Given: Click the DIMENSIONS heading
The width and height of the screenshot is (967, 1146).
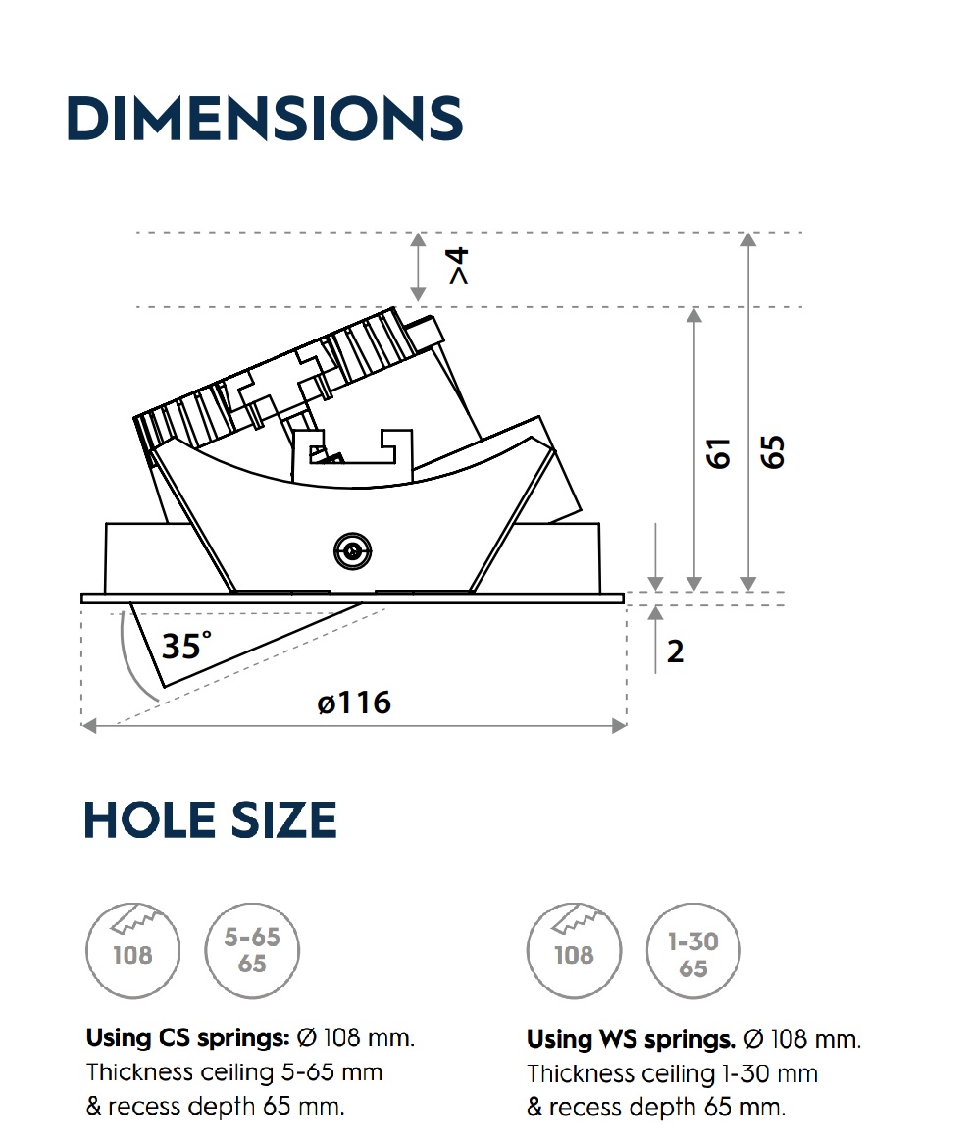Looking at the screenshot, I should (264, 119).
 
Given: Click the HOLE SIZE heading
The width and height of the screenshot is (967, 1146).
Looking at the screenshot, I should (210, 820).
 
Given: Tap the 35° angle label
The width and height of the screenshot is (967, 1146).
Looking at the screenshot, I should (185, 647).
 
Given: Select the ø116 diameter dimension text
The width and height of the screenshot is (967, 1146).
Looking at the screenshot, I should (354, 703).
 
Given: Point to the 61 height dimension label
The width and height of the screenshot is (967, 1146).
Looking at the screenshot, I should (721, 453).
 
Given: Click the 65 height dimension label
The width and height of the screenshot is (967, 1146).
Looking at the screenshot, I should (774, 452).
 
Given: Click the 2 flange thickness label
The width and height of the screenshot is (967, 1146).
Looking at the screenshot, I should (675, 651).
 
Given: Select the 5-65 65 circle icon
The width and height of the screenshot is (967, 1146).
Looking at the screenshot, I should (252, 950).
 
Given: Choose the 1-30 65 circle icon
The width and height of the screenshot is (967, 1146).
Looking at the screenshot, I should (693, 952).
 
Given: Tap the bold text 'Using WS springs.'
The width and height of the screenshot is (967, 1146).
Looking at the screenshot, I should (631, 1039).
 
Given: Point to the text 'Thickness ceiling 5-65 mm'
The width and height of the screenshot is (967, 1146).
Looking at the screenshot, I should (233, 1072).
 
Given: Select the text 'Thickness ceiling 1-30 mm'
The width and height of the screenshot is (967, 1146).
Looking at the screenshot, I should (672, 1073).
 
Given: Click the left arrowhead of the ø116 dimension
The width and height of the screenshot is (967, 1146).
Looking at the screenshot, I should (89, 726).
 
